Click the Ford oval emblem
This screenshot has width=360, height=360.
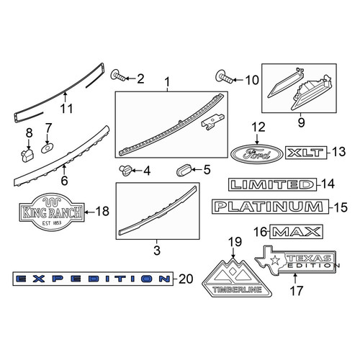[x=256, y=154]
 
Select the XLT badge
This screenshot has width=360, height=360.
[x=306, y=153]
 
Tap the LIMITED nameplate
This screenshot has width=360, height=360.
[x=272, y=184]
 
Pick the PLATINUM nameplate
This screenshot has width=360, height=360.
[x=270, y=207]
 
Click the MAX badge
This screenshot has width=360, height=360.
[x=297, y=232]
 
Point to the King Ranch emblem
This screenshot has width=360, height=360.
[x=52, y=212]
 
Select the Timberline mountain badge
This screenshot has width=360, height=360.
[x=237, y=278]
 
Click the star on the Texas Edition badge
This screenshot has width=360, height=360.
[x=275, y=260]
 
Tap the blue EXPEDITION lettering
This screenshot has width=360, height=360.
[x=93, y=279]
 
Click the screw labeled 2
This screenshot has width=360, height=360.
[x=118, y=76]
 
